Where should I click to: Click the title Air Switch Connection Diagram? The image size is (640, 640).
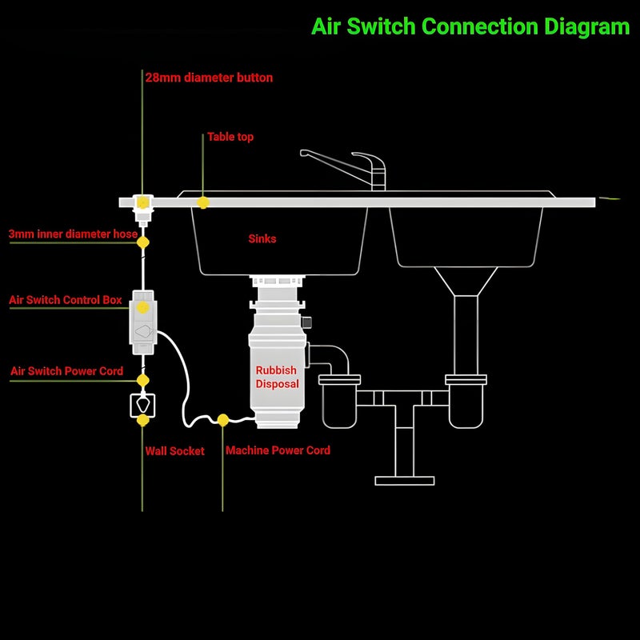coord(470,27)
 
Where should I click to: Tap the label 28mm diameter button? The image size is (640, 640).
coord(209,78)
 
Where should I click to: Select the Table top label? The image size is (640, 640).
coord(230,137)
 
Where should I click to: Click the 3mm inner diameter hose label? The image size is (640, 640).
coord(73,234)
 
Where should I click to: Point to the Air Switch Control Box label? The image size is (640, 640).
coord(66,300)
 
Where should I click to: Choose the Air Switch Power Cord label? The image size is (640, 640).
coord(66,371)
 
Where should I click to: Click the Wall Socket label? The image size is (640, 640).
coord(174,451)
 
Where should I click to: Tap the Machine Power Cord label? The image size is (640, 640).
coord(278,450)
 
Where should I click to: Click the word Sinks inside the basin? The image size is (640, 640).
coord(262,238)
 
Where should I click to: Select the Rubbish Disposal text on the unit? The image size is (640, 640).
coord(277,377)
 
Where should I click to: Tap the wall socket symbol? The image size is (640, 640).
coord(142,406)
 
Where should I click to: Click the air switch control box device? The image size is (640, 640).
coord(143,322)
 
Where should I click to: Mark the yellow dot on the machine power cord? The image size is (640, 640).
coord(223,420)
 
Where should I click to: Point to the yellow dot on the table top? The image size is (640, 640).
coord(203,202)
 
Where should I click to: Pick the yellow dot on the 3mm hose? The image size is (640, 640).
coord(143,242)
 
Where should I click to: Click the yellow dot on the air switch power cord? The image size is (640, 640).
coord(143,381)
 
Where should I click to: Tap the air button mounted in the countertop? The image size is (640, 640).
coord(142,210)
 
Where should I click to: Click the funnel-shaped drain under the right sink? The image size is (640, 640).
coord(466,282)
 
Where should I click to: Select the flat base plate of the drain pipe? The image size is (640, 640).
coord(405,481)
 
